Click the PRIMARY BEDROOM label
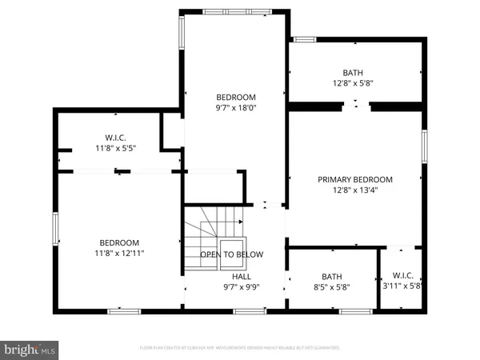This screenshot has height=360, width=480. (355, 179)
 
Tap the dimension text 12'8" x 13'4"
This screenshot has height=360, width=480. (355, 191)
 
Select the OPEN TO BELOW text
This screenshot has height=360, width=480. (232, 254)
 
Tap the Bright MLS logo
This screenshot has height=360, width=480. (30, 349)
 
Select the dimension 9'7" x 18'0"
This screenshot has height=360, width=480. (236, 107)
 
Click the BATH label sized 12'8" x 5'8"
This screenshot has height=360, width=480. (353, 71)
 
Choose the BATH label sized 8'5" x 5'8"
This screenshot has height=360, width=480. (331, 276)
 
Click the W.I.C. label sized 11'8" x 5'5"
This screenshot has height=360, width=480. (117, 137)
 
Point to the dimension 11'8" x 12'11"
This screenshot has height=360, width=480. (119, 254)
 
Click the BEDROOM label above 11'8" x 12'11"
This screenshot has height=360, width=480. (119, 242)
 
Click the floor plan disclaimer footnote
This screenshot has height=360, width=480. (240, 348)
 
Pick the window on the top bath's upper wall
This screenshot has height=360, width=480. (304, 38)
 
